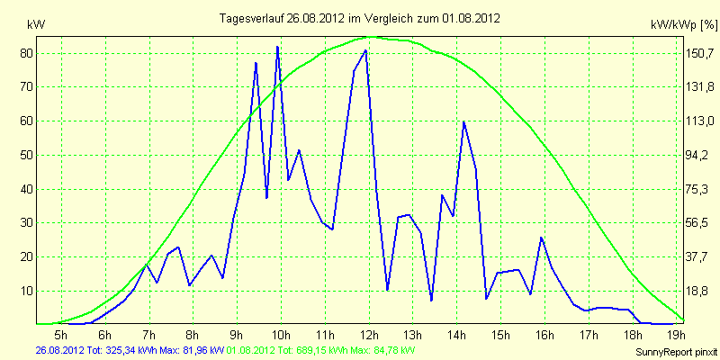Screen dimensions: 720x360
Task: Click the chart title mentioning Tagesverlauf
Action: click(x=359, y=18)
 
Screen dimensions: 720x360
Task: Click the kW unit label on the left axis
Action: click(x=36, y=25)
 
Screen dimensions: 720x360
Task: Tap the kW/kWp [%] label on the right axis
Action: click(x=684, y=25)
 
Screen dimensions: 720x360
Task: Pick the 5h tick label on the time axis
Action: click(x=61, y=333)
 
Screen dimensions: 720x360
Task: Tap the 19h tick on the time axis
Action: click(x=677, y=333)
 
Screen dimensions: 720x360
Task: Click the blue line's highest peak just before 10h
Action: click(x=277, y=47)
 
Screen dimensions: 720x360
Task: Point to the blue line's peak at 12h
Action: click(x=365, y=50)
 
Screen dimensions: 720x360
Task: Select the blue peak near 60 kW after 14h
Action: click(x=464, y=121)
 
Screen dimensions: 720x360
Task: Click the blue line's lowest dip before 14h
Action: click(x=432, y=301)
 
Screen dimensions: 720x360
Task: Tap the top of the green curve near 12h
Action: click(x=370, y=37)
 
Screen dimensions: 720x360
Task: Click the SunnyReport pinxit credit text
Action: click(x=677, y=352)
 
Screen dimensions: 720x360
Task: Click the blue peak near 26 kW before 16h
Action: click(x=542, y=238)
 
